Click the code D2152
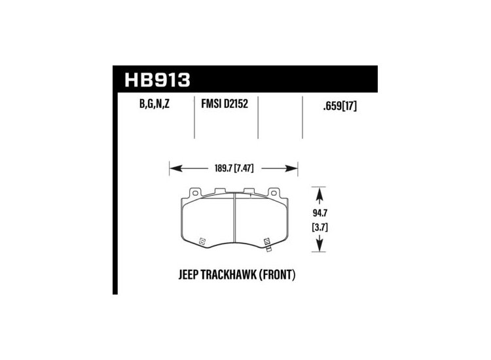point(239,104)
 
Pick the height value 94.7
point(320,213)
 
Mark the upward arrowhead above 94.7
point(320,194)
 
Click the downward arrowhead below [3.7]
point(320,247)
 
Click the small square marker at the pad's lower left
point(202,241)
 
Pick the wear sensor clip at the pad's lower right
point(267,243)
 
